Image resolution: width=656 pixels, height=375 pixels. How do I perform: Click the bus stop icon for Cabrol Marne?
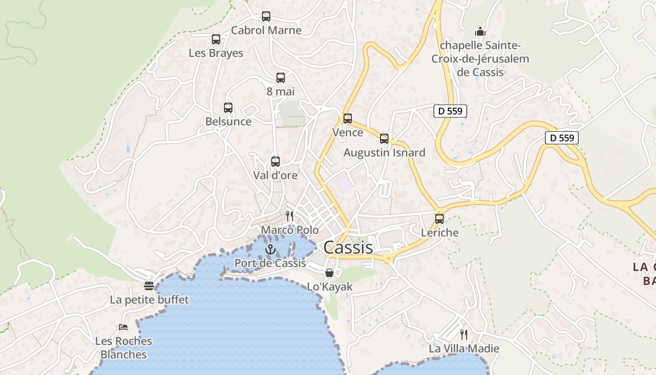(266, 16)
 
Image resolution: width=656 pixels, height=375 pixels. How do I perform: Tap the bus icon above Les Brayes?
(216, 39)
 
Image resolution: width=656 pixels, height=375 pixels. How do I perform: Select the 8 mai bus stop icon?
(281, 78)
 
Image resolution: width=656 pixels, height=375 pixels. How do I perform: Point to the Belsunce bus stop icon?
(228, 108)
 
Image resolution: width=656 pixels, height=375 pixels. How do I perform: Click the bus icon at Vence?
(348, 119)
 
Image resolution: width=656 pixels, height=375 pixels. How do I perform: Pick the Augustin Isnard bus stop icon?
(384, 139)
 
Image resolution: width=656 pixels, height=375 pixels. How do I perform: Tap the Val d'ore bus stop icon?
(276, 162)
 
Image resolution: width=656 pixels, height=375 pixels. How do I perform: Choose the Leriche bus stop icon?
(440, 218)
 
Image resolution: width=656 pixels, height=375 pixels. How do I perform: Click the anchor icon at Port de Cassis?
(269, 249)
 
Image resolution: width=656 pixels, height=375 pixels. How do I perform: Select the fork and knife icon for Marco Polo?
(290, 216)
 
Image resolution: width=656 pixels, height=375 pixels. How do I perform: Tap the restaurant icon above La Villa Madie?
(464, 335)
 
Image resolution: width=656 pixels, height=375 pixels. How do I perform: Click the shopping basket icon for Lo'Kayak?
(329, 273)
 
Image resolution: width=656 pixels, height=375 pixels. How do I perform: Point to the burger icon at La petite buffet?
(149, 286)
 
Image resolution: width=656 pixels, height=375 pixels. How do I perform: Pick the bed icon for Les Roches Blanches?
(123, 327)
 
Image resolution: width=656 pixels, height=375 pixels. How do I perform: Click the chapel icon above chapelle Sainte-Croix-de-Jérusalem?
(480, 31)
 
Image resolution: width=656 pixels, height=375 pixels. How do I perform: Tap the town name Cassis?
(348, 247)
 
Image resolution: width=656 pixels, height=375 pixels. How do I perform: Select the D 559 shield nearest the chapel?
(450, 111)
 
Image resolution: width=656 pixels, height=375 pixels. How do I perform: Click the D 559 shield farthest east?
(562, 138)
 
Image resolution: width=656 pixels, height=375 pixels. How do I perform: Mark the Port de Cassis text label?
(270, 263)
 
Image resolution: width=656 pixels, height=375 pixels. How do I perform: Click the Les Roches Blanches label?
(124, 347)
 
